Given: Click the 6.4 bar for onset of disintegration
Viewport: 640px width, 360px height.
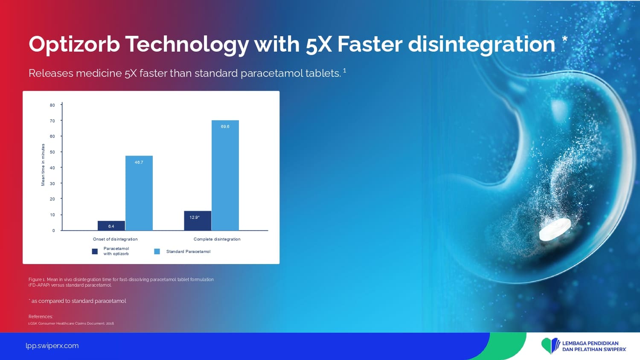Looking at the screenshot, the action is click(x=111, y=226).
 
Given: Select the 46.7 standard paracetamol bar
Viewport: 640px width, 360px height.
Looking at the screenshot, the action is click(x=139, y=193).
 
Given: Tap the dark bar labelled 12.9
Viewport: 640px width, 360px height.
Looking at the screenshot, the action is click(x=198, y=221).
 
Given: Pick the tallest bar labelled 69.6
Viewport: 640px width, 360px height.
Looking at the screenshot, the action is click(x=225, y=175).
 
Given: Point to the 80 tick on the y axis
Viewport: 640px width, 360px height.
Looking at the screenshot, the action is click(x=52, y=105).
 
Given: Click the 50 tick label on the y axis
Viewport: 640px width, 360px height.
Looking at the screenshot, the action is click(x=52, y=152).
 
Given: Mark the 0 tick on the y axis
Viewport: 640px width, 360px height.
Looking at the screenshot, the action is click(x=53, y=231).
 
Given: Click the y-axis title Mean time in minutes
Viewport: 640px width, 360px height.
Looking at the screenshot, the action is click(x=43, y=165).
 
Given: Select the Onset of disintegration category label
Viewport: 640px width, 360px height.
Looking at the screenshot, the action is click(x=115, y=239).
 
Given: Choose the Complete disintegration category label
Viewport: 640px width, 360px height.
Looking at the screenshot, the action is click(x=217, y=239).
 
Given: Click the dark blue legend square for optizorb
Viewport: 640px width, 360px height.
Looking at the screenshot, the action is click(x=95, y=251).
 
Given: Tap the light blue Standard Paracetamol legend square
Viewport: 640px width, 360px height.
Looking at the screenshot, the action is click(x=157, y=251).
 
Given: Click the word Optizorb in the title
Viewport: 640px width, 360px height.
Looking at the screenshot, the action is click(x=74, y=45).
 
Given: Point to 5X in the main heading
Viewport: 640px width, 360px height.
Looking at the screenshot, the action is click(x=319, y=45).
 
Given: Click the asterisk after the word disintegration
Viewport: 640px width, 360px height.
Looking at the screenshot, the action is click(x=565, y=39).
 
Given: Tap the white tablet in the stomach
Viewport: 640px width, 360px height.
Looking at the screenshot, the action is click(x=555, y=230).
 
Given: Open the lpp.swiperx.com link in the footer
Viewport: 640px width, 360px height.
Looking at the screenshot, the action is click(x=52, y=346).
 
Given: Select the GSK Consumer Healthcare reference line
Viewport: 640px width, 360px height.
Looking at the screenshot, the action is click(x=71, y=323).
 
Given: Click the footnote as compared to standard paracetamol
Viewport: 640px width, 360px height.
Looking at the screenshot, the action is click(x=77, y=301).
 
